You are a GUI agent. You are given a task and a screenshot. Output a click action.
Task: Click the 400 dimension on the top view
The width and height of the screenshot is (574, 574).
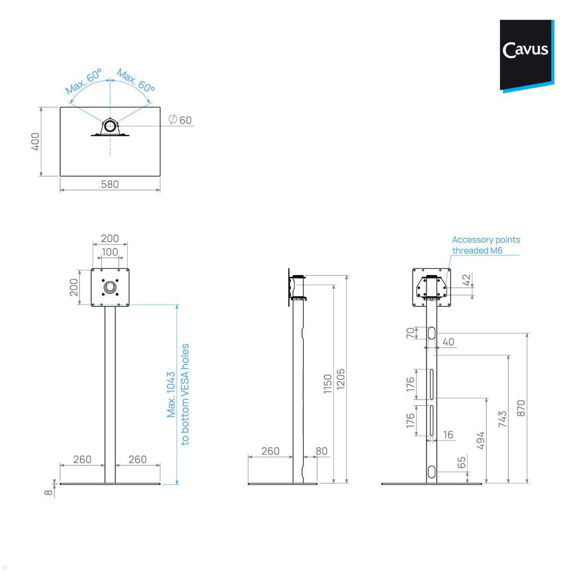point(35,142)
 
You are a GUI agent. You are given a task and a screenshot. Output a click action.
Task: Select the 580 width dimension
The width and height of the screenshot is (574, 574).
point(110,184)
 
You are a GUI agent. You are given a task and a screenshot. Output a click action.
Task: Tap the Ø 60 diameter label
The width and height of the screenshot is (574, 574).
point(180,120)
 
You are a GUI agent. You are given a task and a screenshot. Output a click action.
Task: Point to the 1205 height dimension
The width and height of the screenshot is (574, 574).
point(341,379)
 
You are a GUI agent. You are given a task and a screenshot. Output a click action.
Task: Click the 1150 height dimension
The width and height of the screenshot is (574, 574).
point(327,384)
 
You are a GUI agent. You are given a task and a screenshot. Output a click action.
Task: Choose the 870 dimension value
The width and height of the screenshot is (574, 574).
point(521,408)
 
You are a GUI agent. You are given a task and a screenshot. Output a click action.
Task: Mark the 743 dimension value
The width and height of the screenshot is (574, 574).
point(502,419)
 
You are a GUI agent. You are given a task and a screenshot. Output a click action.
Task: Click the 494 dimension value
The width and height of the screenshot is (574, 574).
point(481,440)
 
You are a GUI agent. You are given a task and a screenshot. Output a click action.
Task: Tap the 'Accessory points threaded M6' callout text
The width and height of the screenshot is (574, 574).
point(486,245)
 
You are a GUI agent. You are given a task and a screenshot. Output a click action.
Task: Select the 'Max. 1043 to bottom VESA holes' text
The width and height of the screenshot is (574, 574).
point(178,395)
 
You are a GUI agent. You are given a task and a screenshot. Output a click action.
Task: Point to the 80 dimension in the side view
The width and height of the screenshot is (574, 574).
point(321,451)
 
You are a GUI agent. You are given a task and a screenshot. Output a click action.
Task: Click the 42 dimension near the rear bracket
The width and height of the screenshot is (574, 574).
point(467,279)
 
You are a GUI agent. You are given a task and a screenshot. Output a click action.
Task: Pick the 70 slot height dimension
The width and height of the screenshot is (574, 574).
point(410,333)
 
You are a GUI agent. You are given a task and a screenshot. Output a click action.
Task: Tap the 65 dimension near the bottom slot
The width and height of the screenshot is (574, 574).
point(462,463)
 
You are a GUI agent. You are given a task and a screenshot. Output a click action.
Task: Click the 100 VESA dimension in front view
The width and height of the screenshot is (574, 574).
point(110,252)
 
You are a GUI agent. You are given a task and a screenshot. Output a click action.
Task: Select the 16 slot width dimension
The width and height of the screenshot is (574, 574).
point(448,435)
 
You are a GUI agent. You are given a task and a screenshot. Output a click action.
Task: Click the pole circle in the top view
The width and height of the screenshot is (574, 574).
point(110,126)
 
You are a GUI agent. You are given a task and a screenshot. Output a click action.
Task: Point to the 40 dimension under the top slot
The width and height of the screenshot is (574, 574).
point(448,342)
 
